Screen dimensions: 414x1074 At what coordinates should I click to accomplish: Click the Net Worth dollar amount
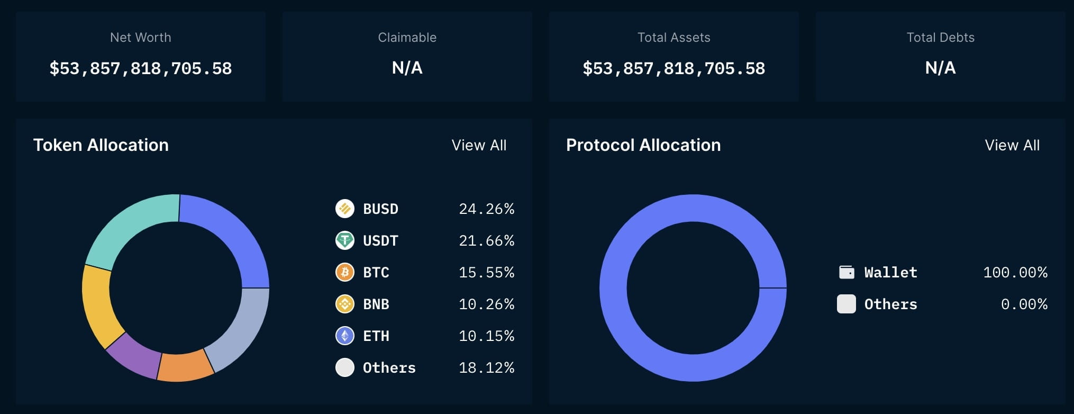[141, 68]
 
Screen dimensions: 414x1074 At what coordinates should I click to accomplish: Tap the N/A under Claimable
[407, 68]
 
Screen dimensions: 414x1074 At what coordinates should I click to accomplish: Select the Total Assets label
[673, 38]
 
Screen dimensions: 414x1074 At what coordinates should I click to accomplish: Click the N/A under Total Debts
[940, 68]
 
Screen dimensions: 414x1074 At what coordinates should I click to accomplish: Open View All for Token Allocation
[479, 145]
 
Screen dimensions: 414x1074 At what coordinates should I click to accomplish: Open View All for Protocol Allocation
[1012, 145]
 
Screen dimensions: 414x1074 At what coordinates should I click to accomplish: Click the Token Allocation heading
[101, 145]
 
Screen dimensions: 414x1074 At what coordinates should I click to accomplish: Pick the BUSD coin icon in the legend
[345, 209]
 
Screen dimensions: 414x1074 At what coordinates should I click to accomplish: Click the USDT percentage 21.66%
[486, 241]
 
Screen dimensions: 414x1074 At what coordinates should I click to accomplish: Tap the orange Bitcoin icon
[345, 272]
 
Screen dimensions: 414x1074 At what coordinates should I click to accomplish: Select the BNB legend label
[376, 304]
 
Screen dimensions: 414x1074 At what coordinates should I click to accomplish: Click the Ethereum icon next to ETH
[345, 336]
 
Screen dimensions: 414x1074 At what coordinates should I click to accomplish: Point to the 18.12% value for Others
[486, 368]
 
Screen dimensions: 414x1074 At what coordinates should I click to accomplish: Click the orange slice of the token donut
[185, 367]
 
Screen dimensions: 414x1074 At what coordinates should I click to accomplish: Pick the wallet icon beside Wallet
[847, 272]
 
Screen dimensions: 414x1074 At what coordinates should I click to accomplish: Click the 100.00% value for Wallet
[1015, 273]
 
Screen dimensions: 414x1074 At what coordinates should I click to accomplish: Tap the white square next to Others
[846, 304]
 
